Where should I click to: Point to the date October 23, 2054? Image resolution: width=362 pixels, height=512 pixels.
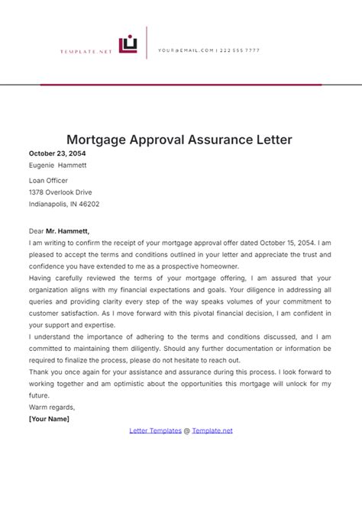[59, 153]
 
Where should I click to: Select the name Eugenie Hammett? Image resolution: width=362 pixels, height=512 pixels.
[58, 165]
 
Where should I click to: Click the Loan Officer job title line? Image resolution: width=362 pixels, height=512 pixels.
[49, 181]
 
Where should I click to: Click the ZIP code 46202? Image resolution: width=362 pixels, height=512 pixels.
[88, 204]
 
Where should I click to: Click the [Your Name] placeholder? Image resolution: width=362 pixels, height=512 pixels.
[49, 419]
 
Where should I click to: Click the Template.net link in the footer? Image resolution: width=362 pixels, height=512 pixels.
[212, 430]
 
